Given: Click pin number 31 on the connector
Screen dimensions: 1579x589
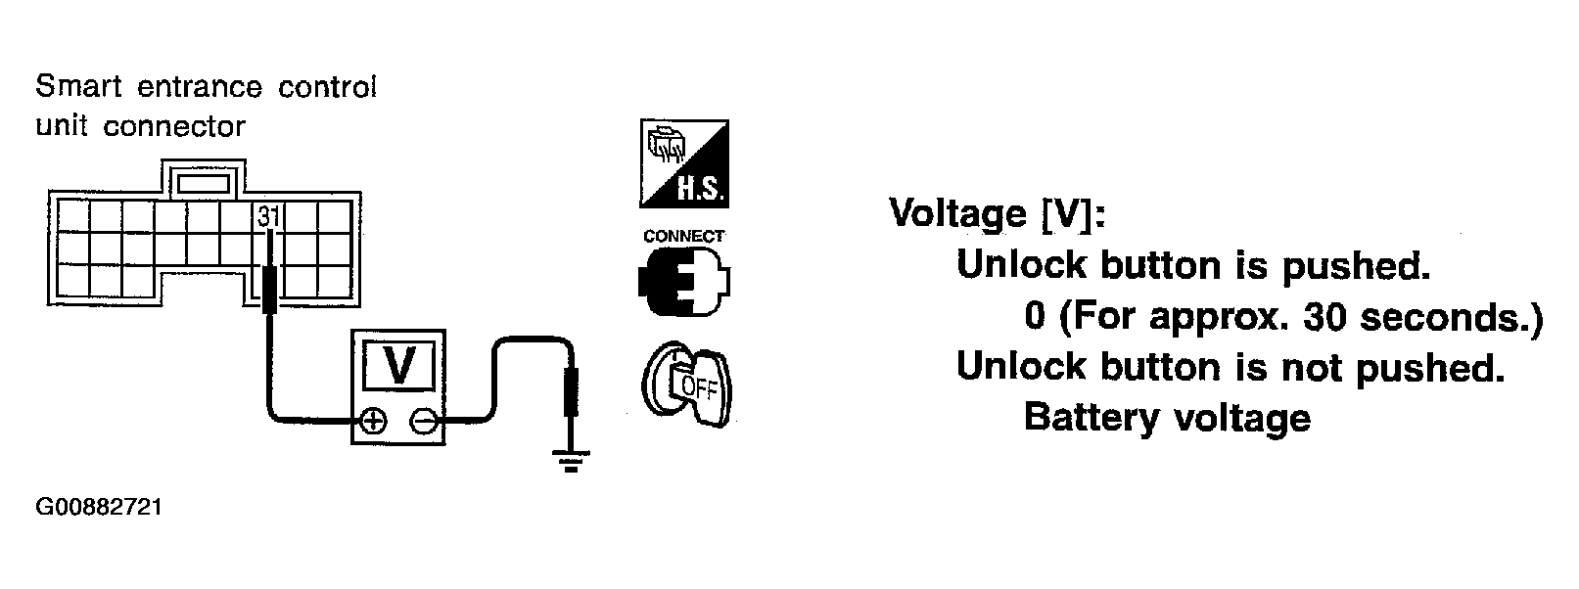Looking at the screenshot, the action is (268, 215).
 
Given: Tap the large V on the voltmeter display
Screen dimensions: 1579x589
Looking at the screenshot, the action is (399, 366).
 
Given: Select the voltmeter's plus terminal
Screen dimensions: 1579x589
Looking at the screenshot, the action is (373, 422).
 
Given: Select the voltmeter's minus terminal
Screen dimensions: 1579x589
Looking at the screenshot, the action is (423, 422).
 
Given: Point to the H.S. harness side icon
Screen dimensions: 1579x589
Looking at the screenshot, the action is (683, 163).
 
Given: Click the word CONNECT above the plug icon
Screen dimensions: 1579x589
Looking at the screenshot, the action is (683, 236).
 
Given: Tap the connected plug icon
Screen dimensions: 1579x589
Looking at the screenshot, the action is (683, 282).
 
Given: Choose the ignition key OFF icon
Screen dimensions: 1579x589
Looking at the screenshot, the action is (686, 384).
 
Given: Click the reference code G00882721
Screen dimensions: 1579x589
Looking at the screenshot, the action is (99, 507).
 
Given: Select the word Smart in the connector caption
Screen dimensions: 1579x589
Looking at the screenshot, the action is (79, 87).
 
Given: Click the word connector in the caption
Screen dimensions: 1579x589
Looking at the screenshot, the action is (174, 127).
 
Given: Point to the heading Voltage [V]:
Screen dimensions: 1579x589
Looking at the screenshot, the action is (997, 212).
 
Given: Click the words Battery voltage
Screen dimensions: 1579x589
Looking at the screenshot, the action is (1167, 417).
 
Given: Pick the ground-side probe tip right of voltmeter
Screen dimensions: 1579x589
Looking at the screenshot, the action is (571, 392).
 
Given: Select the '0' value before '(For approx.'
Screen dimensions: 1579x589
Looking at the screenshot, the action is (1034, 316).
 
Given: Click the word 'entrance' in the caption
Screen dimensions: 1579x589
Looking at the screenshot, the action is (200, 87).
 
